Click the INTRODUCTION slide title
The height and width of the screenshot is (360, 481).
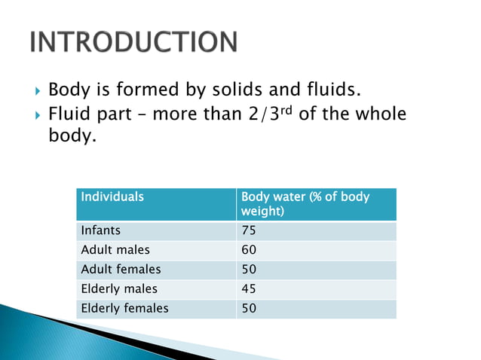pos(133,42)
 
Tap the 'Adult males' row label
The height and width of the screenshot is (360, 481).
pos(115,250)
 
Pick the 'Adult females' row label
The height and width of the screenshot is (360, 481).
pos(121,270)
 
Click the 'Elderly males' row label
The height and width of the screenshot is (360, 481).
pos(119,289)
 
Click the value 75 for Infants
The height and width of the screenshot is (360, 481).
pos(249,230)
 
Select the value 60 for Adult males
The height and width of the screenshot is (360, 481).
pos(249,250)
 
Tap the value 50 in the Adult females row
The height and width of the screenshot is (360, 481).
pos(249,270)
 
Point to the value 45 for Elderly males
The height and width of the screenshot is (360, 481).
pos(249,289)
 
